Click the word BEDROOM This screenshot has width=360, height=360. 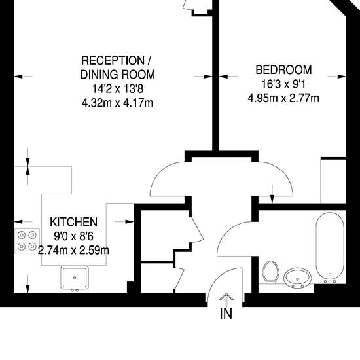(x=283, y=70)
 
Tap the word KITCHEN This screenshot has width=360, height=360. (x=74, y=222)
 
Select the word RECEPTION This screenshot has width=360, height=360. (x=113, y=61)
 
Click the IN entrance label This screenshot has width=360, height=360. (x=226, y=314)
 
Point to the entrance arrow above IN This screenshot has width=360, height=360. (x=226, y=300)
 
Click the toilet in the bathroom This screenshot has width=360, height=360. (x=270, y=272)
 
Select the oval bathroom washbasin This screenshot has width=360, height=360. (x=298, y=278)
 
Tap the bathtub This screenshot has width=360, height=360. (x=330, y=247)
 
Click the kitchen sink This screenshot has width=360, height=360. (x=75, y=278)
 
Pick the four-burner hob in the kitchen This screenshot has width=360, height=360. (x=27, y=241)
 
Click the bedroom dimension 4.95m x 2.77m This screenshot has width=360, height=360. (x=283, y=98)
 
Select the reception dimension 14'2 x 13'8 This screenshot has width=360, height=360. (x=118, y=88)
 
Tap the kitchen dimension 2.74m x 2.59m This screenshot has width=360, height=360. (x=73, y=250)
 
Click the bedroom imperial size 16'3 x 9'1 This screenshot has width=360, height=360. (x=283, y=84)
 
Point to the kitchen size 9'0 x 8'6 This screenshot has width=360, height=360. (x=74, y=236)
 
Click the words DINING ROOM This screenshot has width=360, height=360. (x=118, y=75)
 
